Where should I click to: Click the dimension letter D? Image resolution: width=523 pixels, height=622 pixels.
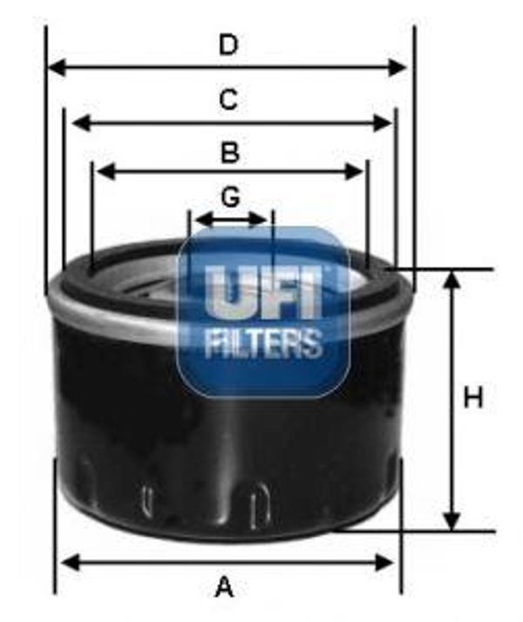pos(228,44)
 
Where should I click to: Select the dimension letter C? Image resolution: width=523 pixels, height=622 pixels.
pos(228,100)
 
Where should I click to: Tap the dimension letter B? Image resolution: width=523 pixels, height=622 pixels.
pos(229,153)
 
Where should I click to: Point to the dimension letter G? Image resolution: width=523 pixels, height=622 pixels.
pos(230,198)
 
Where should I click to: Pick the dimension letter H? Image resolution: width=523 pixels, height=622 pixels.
pos(472,398)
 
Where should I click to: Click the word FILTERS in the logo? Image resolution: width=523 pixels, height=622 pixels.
pos(263,342)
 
